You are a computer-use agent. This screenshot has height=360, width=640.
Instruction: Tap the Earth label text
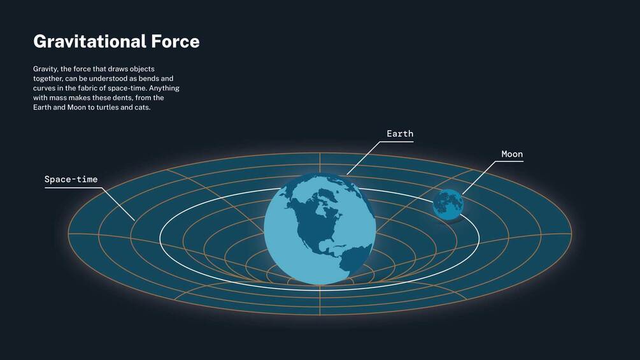tap(400, 134)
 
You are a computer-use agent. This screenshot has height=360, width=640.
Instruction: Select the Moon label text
tap(512, 154)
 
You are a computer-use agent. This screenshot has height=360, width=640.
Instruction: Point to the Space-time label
tap(71, 180)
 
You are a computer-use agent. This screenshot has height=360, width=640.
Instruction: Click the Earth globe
tap(320, 229)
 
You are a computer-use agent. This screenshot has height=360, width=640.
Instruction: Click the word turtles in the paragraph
tap(108, 108)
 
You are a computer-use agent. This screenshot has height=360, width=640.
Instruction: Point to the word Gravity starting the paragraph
tap(45, 68)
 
